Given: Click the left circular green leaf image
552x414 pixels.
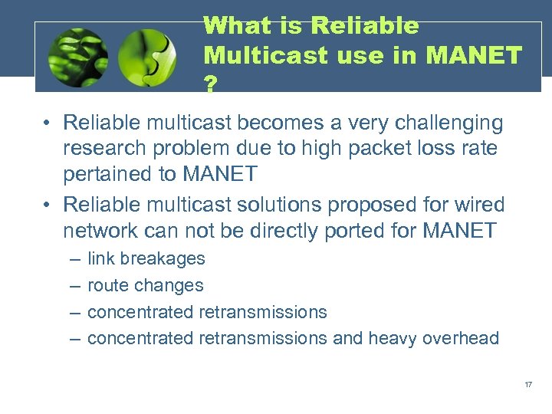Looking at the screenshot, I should [x=77, y=58].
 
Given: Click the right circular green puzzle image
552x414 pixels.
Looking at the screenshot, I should [x=148, y=58].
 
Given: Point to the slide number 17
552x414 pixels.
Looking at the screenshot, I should [x=528, y=383].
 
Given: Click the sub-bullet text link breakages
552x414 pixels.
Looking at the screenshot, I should [x=146, y=258].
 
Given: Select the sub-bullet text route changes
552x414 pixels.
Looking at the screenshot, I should [x=146, y=285].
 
